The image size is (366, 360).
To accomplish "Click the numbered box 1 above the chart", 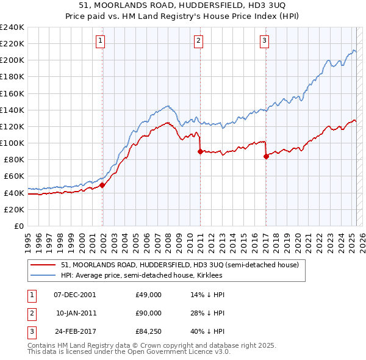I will (x=100, y=41).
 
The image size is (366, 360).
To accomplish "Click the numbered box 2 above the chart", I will (x=199, y=41).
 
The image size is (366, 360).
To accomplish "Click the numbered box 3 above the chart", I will (x=264, y=41).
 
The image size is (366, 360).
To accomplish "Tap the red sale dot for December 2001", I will (x=102, y=185).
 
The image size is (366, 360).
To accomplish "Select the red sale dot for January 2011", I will (x=200, y=151).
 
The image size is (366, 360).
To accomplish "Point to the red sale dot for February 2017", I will (x=266, y=156).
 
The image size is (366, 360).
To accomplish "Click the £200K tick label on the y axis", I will (x=12, y=60).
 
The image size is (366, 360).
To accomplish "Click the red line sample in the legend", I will (x=43, y=265).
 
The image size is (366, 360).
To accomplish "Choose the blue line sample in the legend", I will (x=43, y=275).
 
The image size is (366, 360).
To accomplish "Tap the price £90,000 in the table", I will (x=148, y=313).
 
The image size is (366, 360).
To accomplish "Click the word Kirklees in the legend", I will (x=209, y=275).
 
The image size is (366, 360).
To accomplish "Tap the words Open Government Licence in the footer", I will (x=164, y=352).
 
